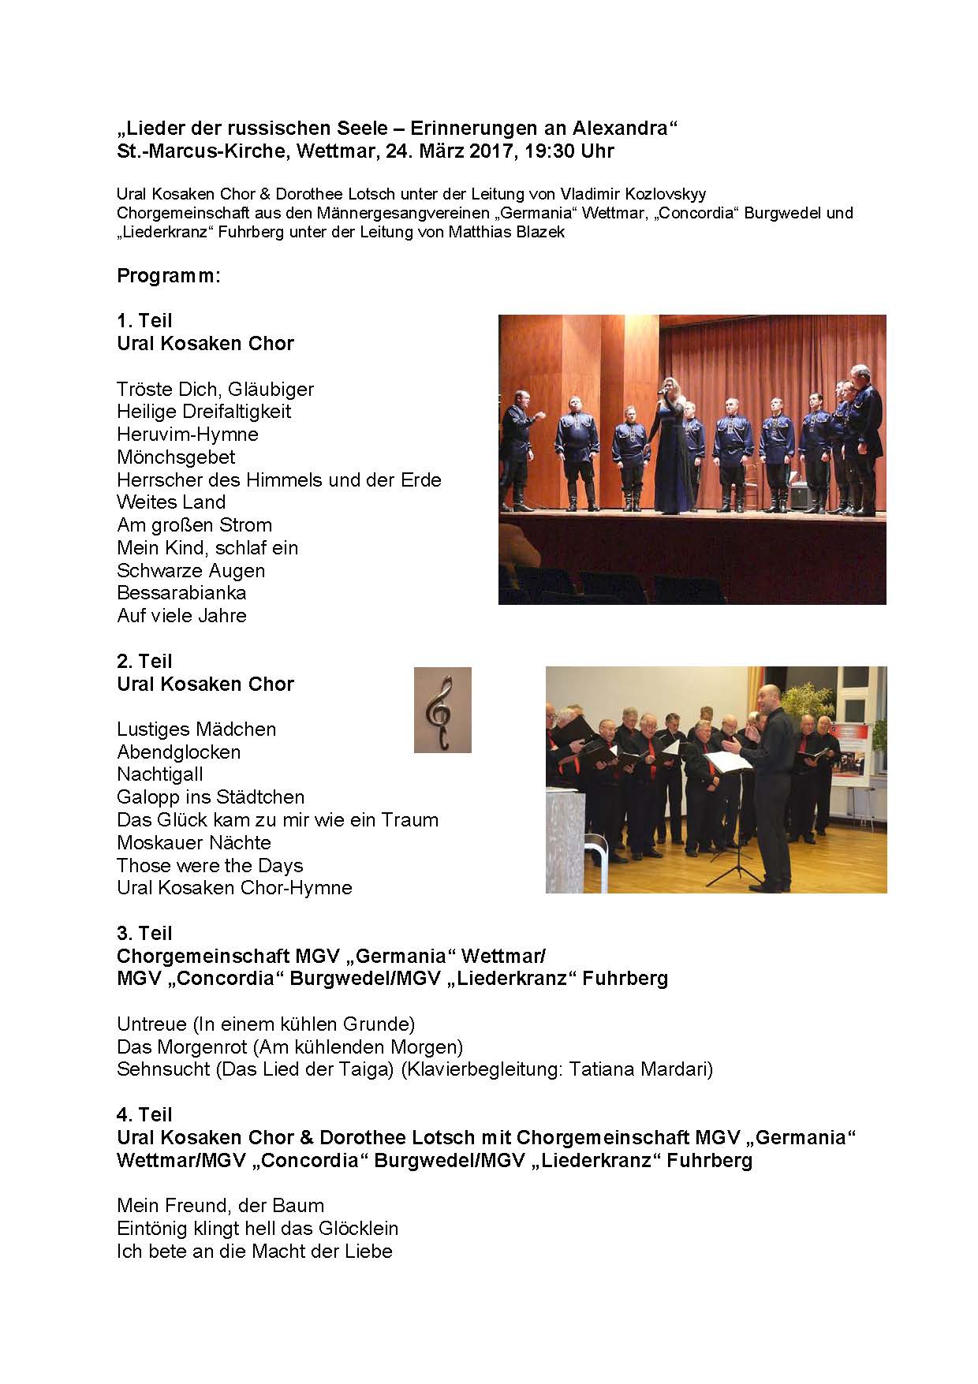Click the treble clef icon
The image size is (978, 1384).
(442, 710)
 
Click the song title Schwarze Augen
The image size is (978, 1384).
(191, 570)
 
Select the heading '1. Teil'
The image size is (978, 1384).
(144, 320)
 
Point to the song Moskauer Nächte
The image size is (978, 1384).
(194, 842)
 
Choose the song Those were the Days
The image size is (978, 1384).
(210, 865)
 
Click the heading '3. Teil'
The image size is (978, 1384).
(144, 933)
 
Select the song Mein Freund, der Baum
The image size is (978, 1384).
(220, 1206)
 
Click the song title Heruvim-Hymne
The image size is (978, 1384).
(188, 435)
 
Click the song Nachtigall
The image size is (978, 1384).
(160, 774)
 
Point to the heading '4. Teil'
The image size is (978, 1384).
(144, 1114)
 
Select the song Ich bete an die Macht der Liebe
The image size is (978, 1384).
(254, 1252)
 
